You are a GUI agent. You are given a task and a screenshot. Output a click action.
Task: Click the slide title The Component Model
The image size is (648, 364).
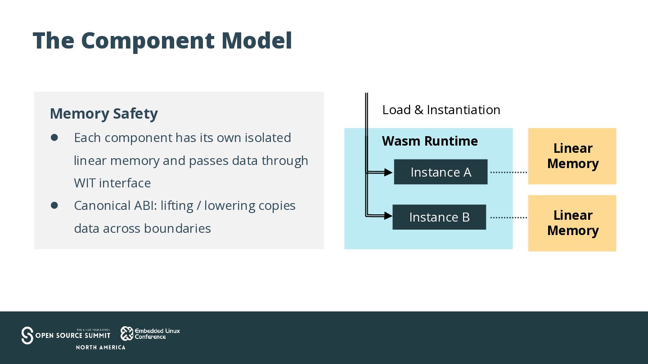coord(162,41)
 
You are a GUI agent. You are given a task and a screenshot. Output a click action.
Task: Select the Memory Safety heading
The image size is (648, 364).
coord(104,114)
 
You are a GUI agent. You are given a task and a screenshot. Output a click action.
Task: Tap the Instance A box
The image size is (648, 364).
coord(441,172)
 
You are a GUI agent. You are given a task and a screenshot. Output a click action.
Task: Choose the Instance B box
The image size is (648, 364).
coord(439,217)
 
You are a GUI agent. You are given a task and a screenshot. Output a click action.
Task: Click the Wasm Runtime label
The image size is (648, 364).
coord(430,141)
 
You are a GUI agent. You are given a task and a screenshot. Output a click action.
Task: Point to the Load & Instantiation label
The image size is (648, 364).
coord(441,110)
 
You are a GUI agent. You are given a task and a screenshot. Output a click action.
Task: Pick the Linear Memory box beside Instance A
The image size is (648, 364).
coord(572,156)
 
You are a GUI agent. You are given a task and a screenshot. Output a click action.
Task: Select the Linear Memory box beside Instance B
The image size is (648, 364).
coord(572,223)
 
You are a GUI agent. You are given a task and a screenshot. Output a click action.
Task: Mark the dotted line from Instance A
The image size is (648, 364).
coord(508,172)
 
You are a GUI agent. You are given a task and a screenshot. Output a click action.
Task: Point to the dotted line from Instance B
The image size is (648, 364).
coord(508,218)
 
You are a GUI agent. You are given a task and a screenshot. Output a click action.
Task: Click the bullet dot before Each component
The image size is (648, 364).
coord(54,138)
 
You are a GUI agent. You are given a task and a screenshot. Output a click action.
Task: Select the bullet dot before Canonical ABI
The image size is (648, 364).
coord(54,205)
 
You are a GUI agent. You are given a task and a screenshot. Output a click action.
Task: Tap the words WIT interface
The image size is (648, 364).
coord(112,183)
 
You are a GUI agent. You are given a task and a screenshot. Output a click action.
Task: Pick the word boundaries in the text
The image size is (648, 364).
coord(177,228)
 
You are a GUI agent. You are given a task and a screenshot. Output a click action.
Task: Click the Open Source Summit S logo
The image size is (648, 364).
coord(27,335)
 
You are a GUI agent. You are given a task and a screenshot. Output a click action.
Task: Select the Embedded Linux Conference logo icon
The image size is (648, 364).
coord(127,333)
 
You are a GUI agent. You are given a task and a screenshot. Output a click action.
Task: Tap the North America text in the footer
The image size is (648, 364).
coord(101,347)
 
